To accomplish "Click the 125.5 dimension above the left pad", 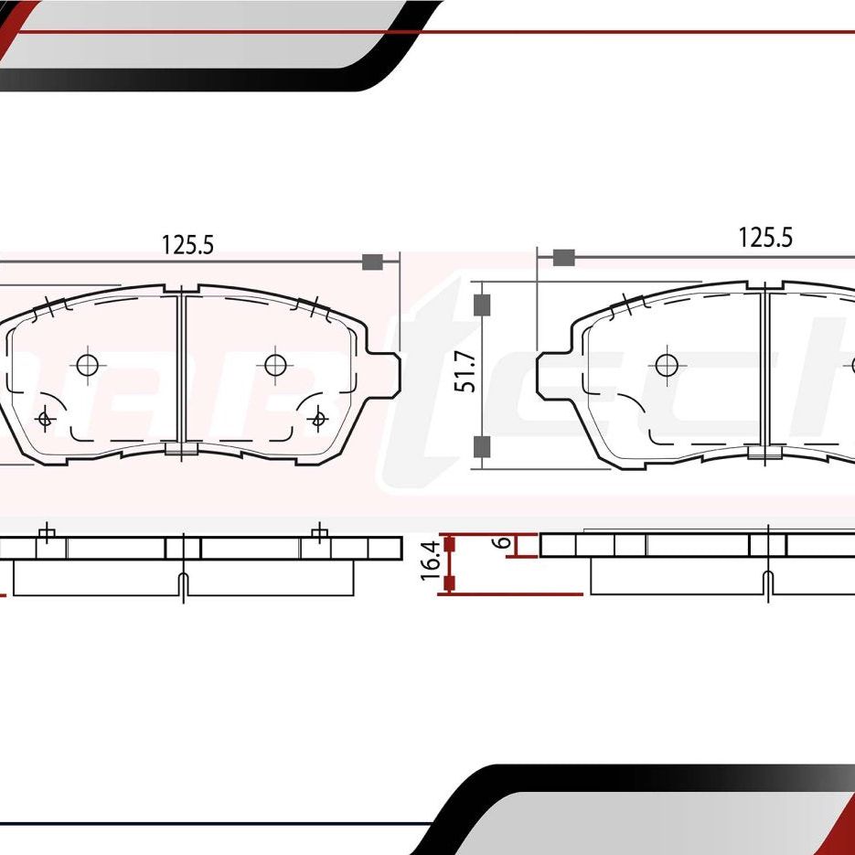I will coord(187,244).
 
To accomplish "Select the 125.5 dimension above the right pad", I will coord(765,238).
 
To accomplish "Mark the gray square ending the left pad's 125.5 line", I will coord(371,262).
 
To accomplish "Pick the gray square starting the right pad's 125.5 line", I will coord(564,257).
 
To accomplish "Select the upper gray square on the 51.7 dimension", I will coord(483,305).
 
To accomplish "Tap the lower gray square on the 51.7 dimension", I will coord(483,446).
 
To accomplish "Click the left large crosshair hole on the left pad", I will coord(87,365).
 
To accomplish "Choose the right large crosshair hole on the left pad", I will coord(275,365).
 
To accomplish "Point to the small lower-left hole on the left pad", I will coord(44,419).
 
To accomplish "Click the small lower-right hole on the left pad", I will coord(318,419).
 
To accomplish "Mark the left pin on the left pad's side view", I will coord(47,533).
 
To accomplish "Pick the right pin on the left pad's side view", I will coord(318,533).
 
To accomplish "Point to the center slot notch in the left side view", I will coord(183,585).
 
